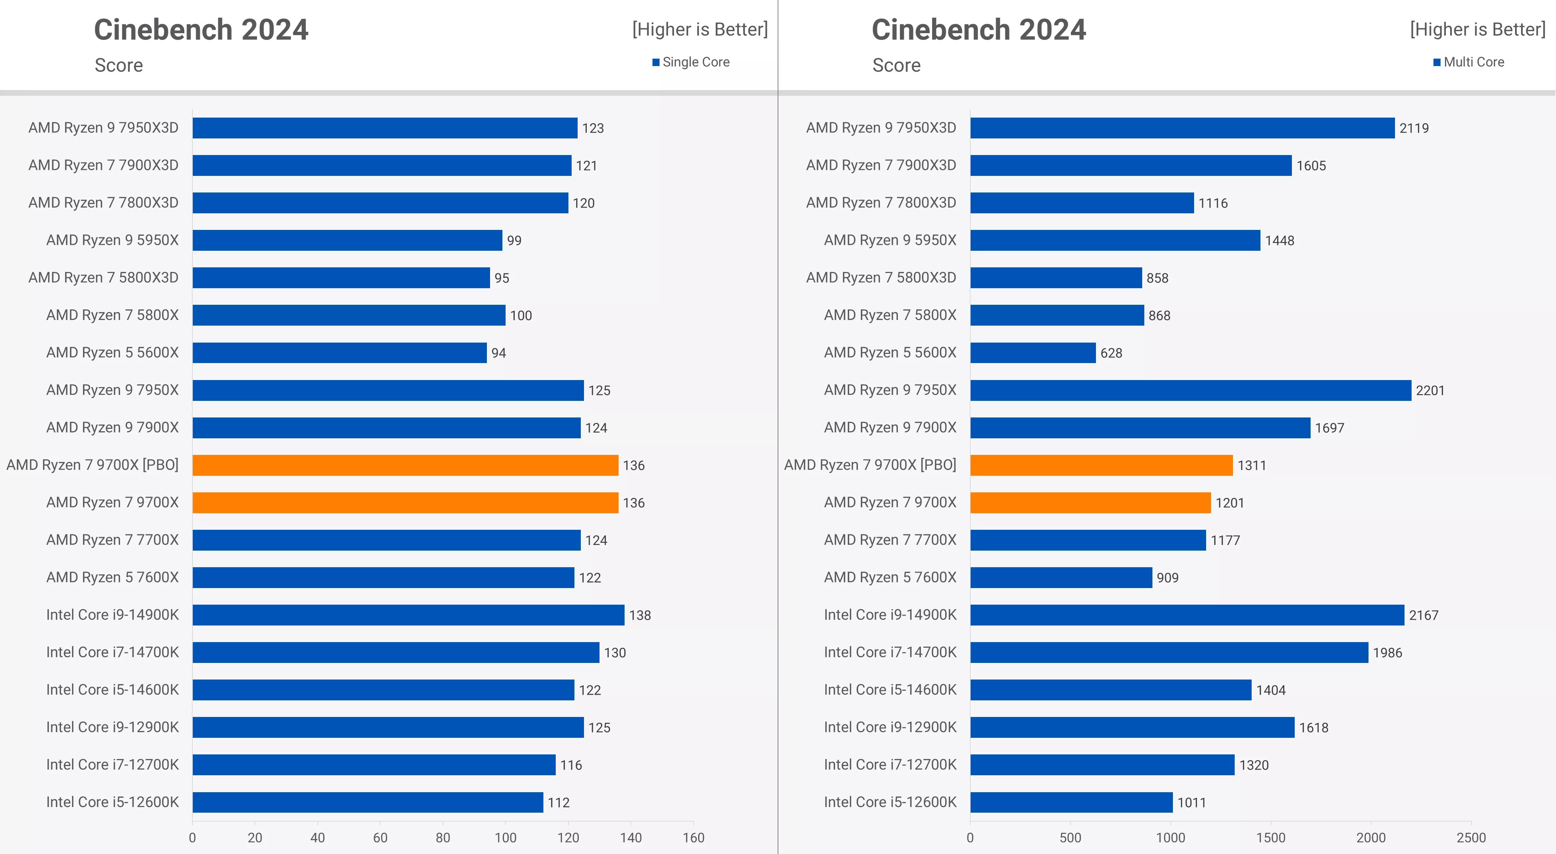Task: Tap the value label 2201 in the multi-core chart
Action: click(x=1430, y=390)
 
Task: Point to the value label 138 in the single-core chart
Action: click(x=640, y=615)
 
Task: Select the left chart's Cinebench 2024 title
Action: click(x=201, y=30)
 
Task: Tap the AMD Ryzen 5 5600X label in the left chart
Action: click(x=112, y=352)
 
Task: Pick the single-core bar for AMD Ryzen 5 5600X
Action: click(x=339, y=353)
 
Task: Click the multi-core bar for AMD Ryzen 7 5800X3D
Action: click(x=1056, y=278)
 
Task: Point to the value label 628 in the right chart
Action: click(x=1111, y=353)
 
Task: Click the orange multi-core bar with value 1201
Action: click(x=1090, y=503)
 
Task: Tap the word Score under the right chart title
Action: click(x=896, y=65)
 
